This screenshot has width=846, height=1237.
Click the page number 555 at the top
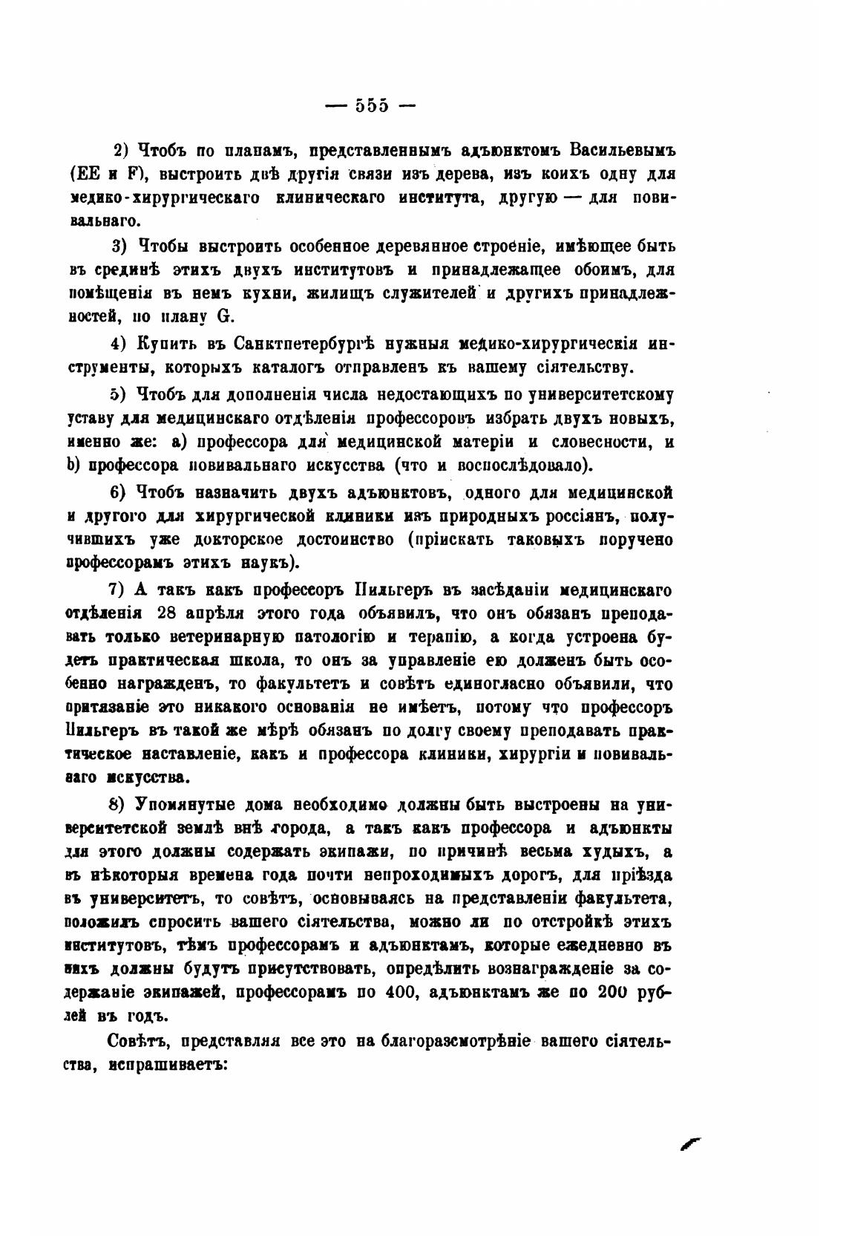371,105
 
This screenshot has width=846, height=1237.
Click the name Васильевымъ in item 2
622,149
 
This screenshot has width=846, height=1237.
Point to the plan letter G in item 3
223,316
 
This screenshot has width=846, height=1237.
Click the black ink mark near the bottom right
690,1144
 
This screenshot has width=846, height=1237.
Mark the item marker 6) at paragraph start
119,492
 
